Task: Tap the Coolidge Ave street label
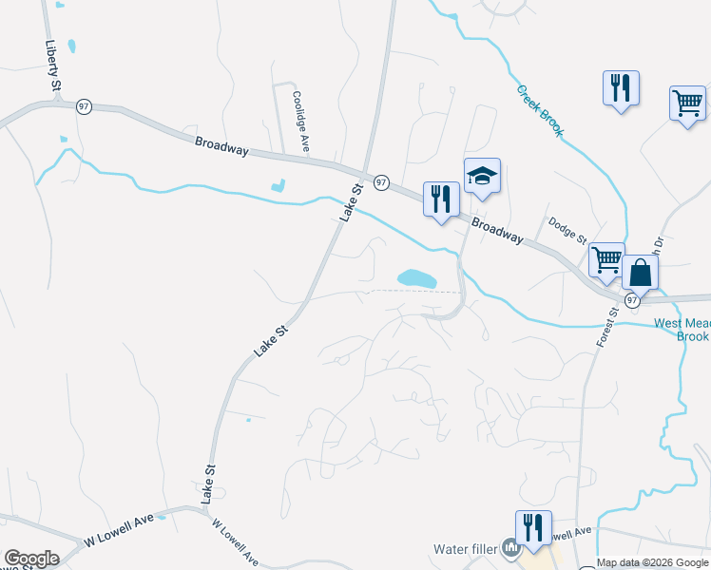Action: pyautogui.click(x=301, y=122)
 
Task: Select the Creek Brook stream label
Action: pyautogui.click(x=540, y=110)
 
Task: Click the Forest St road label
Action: pyautogui.click(x=605, y=326)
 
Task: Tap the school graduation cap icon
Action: pyautogui.click(x=482, y=177)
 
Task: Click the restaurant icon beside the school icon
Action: pyautogui.click(x=440, y=199)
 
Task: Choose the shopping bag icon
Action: pyautogui.click(x=641, y=274)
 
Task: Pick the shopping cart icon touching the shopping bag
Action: pyautogui.click(x=605, y=259)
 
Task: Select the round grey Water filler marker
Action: pyautogui.click(x=511, y=547)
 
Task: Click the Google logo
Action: pyautogui.click(x=31, y=559)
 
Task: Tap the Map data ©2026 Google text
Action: pyautogui.click(x=652, y=562)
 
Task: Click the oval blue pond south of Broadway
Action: pyautogui.click(x=416, y=279)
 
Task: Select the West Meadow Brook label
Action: pyautogui.click(x=682, y=330)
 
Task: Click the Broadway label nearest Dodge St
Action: pyautogui.click(x=497, y=233)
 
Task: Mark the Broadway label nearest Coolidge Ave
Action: pyautogui.click(x=221, y=146)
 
